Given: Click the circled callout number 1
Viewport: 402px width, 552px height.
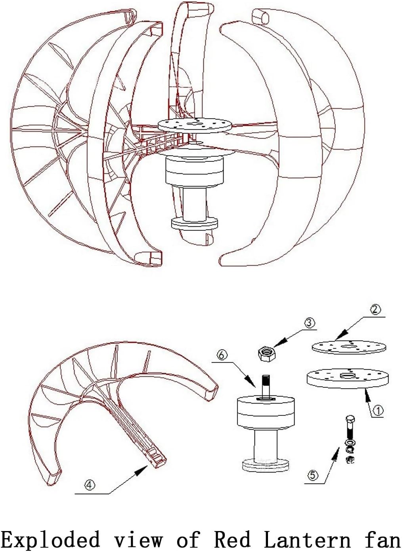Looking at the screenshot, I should click(x=378, y=411).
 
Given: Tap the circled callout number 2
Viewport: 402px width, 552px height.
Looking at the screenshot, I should click(x=375, y=309).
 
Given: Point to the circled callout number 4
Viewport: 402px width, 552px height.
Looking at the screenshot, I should click(x=90, y=484).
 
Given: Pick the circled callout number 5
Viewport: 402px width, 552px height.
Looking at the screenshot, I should click(x=313, y=475).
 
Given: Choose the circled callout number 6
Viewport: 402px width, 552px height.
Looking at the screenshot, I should click(x=222, y=355).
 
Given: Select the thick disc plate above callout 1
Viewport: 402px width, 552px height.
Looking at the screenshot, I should click(x=347, y=378).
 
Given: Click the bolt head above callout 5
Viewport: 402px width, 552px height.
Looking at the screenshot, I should click(x=350, y=420).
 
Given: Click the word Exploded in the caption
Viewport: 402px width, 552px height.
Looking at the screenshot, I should click(x=50, y=540).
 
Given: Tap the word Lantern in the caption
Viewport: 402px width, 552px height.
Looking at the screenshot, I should click(x=307, y=540).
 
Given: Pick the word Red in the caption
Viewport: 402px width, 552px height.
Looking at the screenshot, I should click(x=232, y=540).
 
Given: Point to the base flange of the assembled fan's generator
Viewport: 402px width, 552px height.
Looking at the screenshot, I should click(x=194, y=223).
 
